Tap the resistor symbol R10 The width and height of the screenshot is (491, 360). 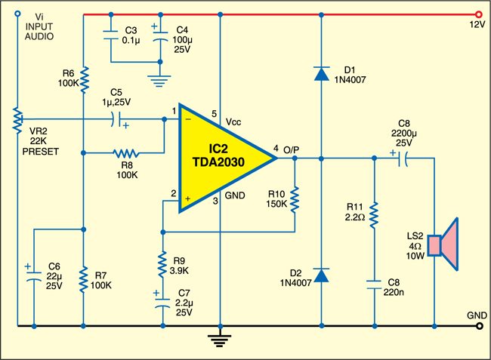(295, 198)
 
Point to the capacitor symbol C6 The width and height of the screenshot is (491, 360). (33, 275)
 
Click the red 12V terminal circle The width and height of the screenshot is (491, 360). (477, 14)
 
